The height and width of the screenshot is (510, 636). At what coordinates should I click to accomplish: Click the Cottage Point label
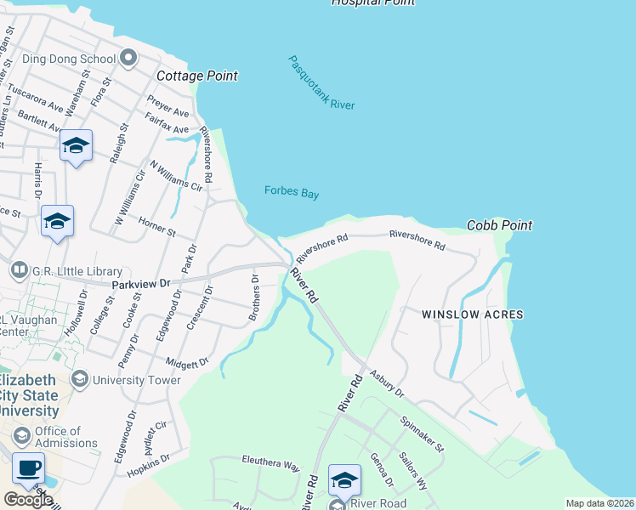coord(197,76)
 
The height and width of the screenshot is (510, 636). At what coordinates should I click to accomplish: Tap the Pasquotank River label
coord(321,83)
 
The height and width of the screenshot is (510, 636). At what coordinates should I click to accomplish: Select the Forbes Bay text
coord(292,193)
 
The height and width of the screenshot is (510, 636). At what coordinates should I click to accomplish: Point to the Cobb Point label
coord(500,225)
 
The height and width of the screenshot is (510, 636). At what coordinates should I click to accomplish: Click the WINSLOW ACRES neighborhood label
coord(473,314)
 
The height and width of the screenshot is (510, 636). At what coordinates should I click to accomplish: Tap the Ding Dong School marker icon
coord(128,59)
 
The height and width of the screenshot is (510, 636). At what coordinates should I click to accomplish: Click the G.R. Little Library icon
coord(19,271)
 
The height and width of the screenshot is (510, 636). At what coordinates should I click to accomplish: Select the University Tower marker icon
coord(80,379)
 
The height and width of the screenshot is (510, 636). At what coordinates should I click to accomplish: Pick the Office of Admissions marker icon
coord(22,437)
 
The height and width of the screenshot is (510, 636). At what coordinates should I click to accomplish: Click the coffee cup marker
coord(29,468)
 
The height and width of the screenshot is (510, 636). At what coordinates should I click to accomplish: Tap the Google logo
coord(28,499)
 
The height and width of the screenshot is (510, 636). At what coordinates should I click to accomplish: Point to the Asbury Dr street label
coord(386,386)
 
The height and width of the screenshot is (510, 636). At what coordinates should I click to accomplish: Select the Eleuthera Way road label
coord(271,467)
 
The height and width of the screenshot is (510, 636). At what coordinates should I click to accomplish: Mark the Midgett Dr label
coord(187,363)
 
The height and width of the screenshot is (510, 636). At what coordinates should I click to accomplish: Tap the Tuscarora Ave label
coord(36,100)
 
